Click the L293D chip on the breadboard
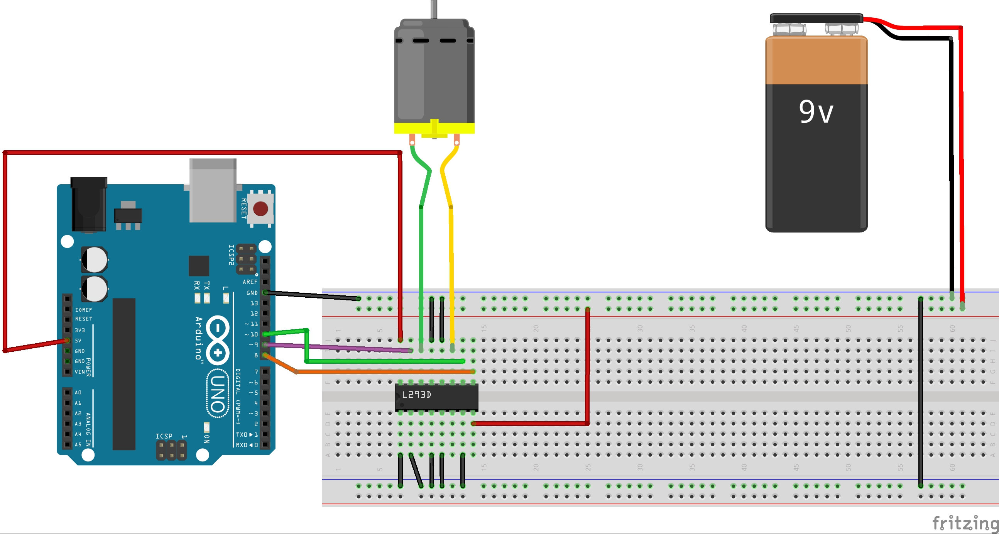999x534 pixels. (x=436, y=397)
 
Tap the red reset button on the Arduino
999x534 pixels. (x=260, y=209)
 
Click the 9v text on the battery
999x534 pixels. (x=816, y=112)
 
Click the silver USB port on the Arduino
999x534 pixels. (x=213, y=190)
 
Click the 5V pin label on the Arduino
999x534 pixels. (x=78, y=341)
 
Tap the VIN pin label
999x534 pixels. (x=79, y=372)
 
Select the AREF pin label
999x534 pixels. (x=250, y=282)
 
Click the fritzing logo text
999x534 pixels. (x=965, y=523)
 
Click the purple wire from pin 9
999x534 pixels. (x=337, y=348)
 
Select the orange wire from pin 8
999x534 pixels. (x=384, y=372)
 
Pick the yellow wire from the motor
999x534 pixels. (x=451, y=272)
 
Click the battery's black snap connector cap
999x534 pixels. (x=816, y=18)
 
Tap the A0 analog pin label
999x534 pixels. (x=78, y=393)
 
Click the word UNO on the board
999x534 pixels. (x=218, y=393)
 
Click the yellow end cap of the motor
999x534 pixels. (x=434, y=129)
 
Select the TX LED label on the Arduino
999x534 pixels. (x=207, y=286)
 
